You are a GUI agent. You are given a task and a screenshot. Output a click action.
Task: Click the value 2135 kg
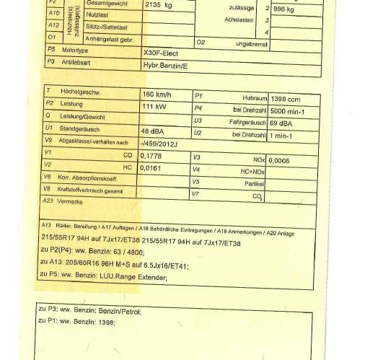coord(158,4)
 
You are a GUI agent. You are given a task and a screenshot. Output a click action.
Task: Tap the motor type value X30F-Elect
coord(165,53)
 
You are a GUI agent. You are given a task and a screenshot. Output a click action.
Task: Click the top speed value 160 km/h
coord(157,95)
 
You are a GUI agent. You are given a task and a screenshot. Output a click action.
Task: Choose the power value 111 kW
coord(154,106)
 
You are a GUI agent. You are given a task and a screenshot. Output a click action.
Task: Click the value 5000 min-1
coord(287,112)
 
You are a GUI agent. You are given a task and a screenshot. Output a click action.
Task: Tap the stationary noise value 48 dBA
coord(154,131)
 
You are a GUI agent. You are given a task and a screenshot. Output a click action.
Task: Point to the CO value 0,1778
coord(151,155)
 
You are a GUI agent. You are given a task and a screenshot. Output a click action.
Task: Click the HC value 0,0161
coord(151,167)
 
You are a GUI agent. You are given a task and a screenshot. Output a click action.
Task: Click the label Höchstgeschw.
coord(79,92)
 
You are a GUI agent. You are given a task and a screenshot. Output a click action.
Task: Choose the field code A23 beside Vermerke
coord(48,201)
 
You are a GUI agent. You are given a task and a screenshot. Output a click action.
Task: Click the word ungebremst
coord(252,44)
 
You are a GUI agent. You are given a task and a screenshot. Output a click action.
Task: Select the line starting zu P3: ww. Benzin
coord(90,311)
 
